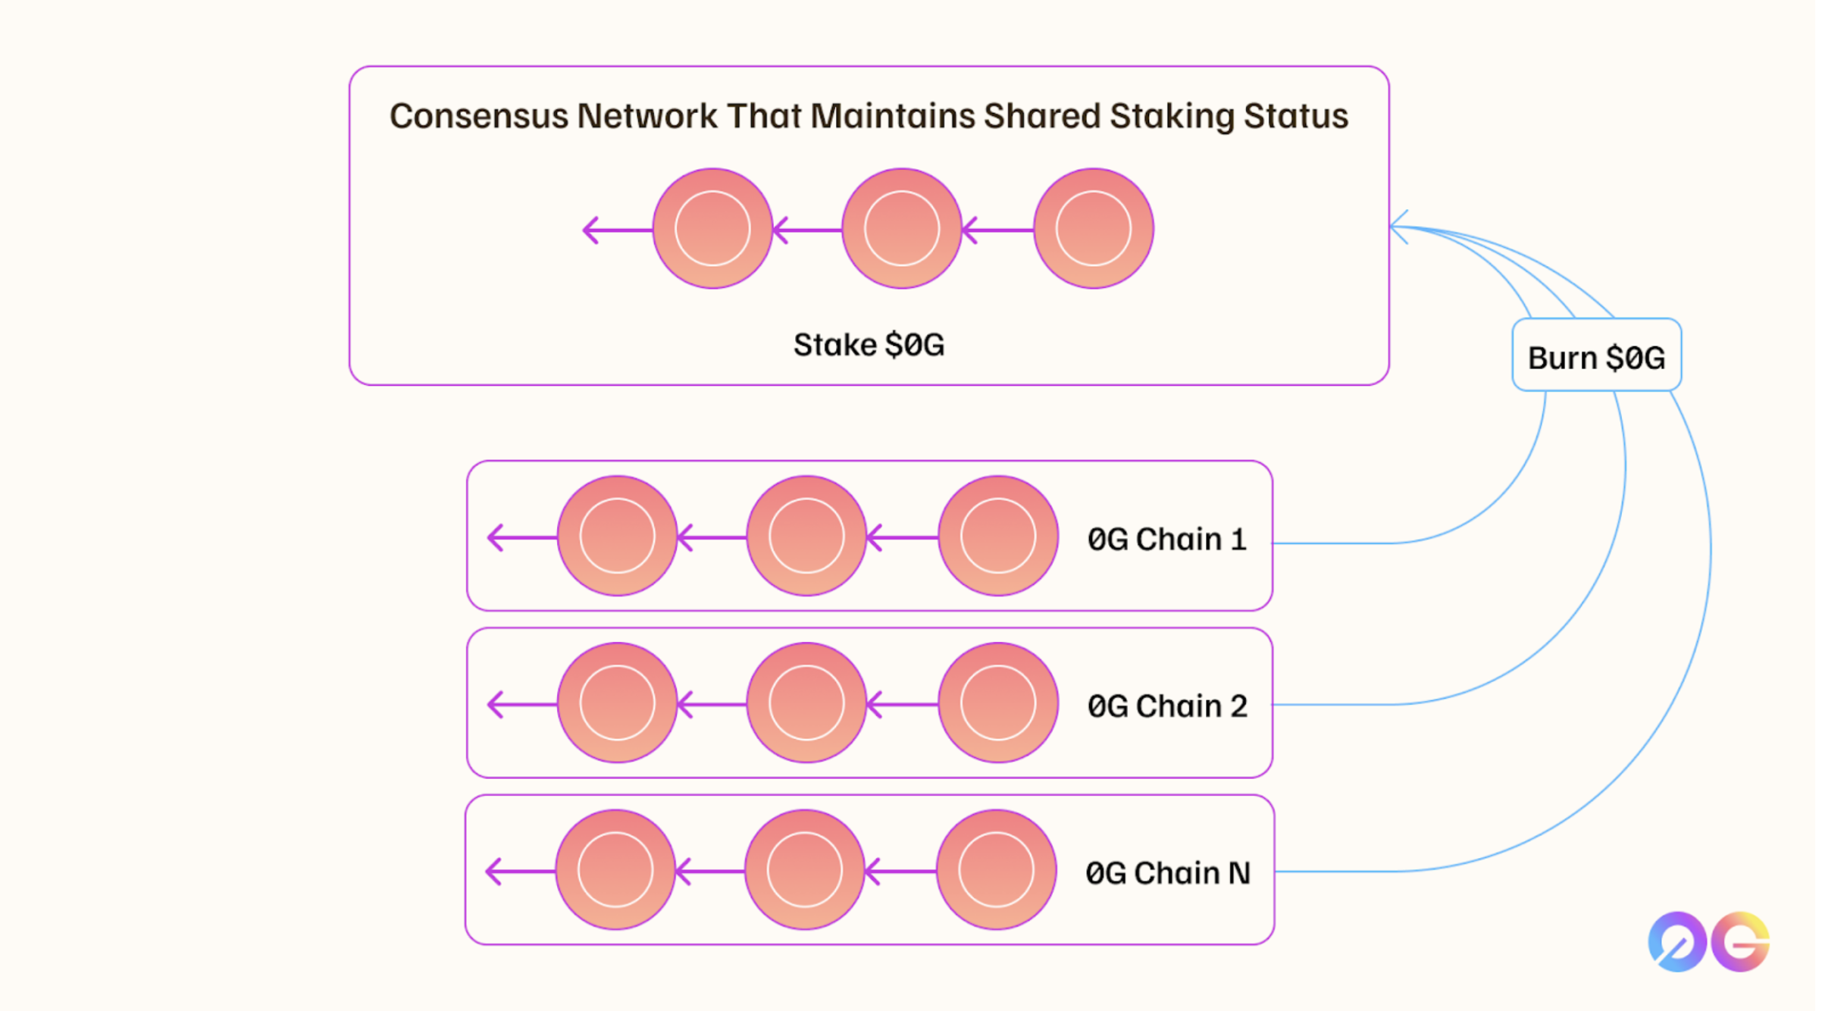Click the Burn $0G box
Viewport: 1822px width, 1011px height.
(x=1596, y=355)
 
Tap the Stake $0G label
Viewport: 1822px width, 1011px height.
(x=869, y=345)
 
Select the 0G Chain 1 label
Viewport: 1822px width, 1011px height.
(x=1166, y=540)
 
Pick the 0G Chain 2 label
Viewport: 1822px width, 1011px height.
(x=1166, y=706)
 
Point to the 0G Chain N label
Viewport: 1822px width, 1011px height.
(x=1167, y=873)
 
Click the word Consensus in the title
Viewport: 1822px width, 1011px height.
(x=478, y=117)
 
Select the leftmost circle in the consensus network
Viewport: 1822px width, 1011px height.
(x=712, y=228)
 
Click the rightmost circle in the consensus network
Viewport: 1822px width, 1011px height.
(x=1093, y=228)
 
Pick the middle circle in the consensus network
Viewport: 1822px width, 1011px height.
(x=902, y=228)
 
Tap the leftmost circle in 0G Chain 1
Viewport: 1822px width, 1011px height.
(x=617, y=536)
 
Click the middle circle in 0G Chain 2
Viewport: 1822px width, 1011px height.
(x=806, y=703)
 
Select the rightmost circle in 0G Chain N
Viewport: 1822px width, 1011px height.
(x=996, y=870)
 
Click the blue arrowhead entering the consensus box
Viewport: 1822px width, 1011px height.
(x=1399, y=227)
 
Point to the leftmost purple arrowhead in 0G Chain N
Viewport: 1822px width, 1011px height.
(x=495, y=871)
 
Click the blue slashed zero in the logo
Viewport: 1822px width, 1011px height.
(x=1676, y=942)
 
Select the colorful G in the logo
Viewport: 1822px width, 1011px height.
(x=1741, y=942)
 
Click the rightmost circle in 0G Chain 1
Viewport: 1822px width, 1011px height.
(x=997, y=536)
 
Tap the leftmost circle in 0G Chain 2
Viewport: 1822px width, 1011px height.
(x=617, y=703)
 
